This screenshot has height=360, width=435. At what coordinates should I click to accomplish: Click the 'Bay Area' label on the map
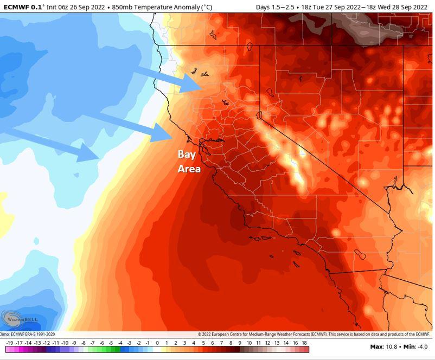tap(189, 161)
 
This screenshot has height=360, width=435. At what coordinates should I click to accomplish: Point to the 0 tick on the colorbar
tap(157, 343)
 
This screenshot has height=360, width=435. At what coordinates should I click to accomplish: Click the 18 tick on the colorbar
tap(305, 343)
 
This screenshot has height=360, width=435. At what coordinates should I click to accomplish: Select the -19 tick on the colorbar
tap(10, 343)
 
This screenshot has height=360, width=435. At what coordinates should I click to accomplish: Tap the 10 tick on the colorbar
tap(250, 343)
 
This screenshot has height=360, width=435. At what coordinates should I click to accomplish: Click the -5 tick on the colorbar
tap(111, 343)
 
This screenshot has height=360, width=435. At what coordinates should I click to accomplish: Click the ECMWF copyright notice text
tap(315, 334)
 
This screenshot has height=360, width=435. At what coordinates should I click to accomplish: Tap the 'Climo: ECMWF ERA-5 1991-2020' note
tap(27, 334)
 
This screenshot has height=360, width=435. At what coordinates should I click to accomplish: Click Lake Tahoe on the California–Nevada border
tap(259, 115)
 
